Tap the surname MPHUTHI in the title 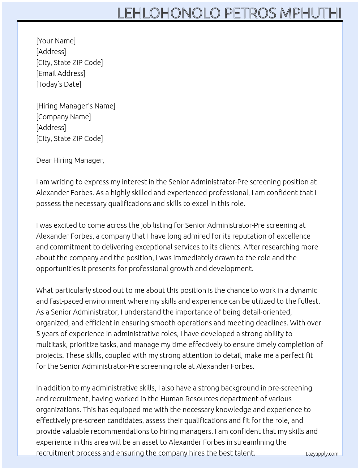pos(310,13)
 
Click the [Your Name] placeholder pos(56,41)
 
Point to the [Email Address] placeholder pos(61,73)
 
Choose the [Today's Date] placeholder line pos(59,84)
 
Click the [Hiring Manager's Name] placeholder pos(76,106)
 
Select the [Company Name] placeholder pos(63,117)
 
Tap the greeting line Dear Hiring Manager pos(70,160)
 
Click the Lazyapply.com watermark pos(322,454)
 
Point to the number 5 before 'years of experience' pos(38,334)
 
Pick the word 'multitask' pos(51,345)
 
